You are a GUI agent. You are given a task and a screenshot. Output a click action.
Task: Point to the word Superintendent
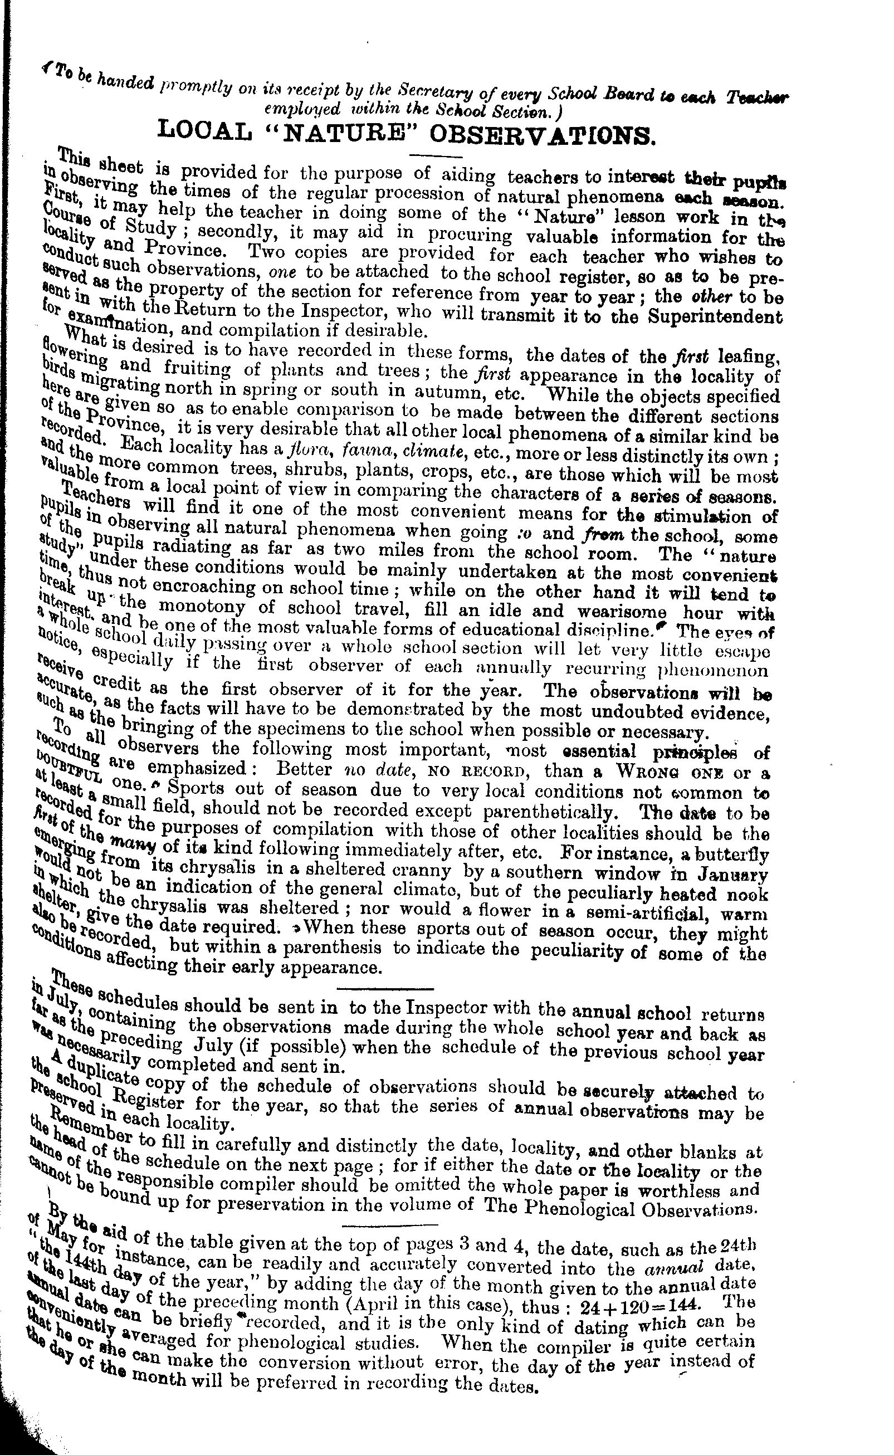pos(715,318)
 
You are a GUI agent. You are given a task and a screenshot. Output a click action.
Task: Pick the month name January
pos(736,874)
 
